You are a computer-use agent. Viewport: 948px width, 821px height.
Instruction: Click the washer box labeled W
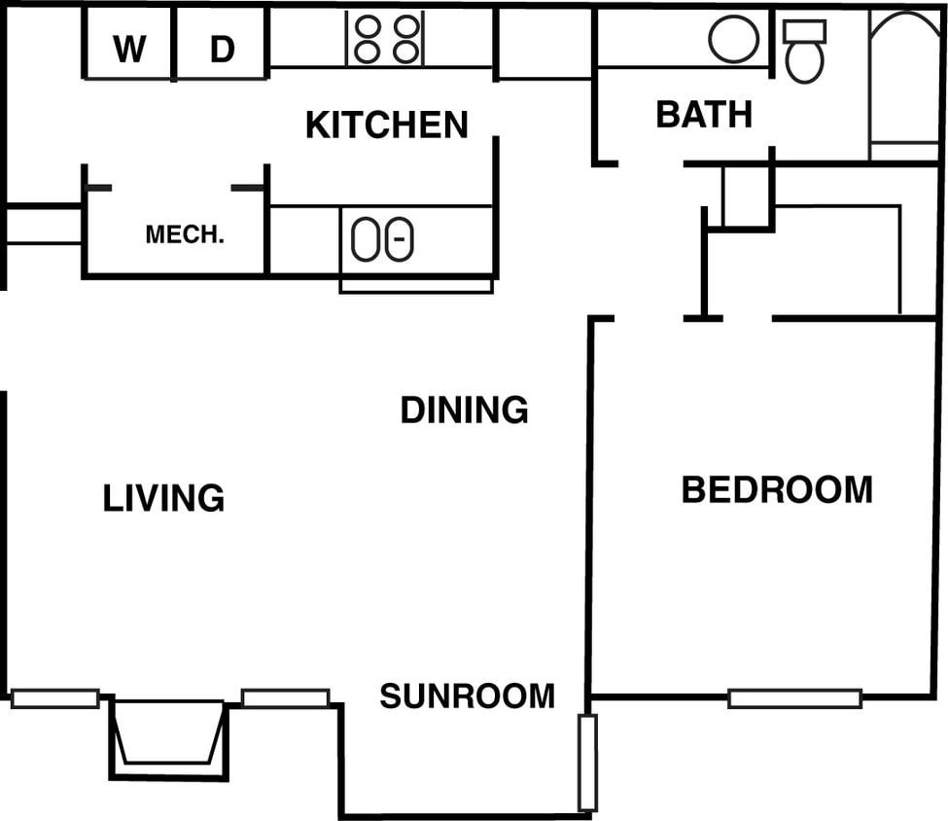click(128, 46)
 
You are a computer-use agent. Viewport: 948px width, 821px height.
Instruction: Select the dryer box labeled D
click(222, 46)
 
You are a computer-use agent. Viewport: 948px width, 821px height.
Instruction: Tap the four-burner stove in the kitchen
click(386, 39)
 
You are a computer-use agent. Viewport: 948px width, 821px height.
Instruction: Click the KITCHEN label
click(386, 125)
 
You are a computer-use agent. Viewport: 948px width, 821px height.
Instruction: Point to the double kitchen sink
click(382, 239)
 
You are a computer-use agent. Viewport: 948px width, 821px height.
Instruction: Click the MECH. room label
click(185, 234)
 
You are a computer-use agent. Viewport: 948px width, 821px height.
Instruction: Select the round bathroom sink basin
click(733, 39)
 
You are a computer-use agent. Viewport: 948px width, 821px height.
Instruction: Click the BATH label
click(704, 115)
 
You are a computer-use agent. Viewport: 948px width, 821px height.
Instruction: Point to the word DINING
click(464, 410)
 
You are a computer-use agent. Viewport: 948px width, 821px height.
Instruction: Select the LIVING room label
click(163, 498)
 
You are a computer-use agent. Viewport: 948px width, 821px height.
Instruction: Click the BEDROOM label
click(776, 489)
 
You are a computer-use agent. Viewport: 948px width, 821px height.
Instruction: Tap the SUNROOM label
click(467, 696)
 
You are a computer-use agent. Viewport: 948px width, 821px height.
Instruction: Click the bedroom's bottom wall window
click(794, 697)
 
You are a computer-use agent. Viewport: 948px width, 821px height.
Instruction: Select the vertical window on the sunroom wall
click(587, 763)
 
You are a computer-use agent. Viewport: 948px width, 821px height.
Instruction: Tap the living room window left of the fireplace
click(54, 697)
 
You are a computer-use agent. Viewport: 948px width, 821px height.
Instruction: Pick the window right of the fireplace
click(285, 697)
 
